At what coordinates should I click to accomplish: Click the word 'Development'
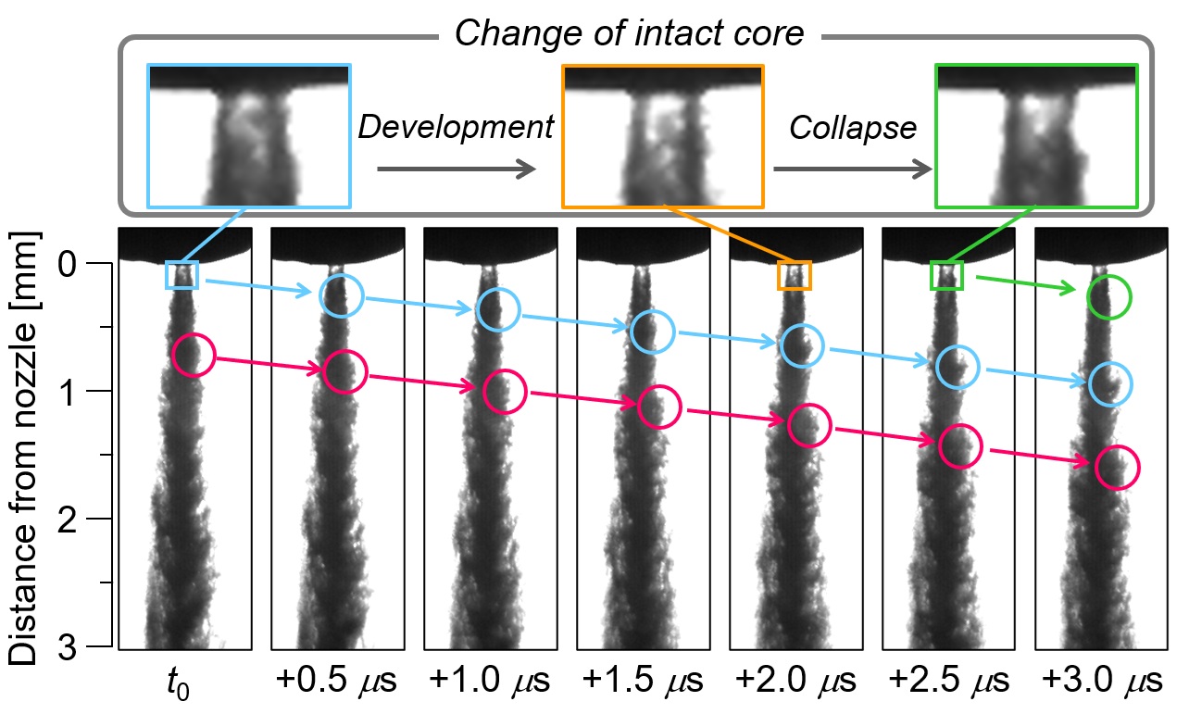tap(456, 128)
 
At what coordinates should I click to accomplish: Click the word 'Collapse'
tap(852, 128)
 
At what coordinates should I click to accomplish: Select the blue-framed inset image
tap(249, 135)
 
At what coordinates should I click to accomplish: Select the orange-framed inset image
tap(663, 135)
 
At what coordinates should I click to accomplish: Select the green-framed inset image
tap(1036, 135)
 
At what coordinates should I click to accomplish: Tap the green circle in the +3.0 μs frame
tap(1109, 298)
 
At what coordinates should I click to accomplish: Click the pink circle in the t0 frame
tap(194, 356)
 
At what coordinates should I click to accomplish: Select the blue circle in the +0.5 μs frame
tap(342, 294)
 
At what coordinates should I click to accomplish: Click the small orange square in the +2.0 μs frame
tap(794, 276)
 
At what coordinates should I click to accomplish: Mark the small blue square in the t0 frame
tap(181, 275)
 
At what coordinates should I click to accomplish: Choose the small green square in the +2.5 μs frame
tap(946, 276)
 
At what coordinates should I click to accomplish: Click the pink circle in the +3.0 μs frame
tap(1118, 468)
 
